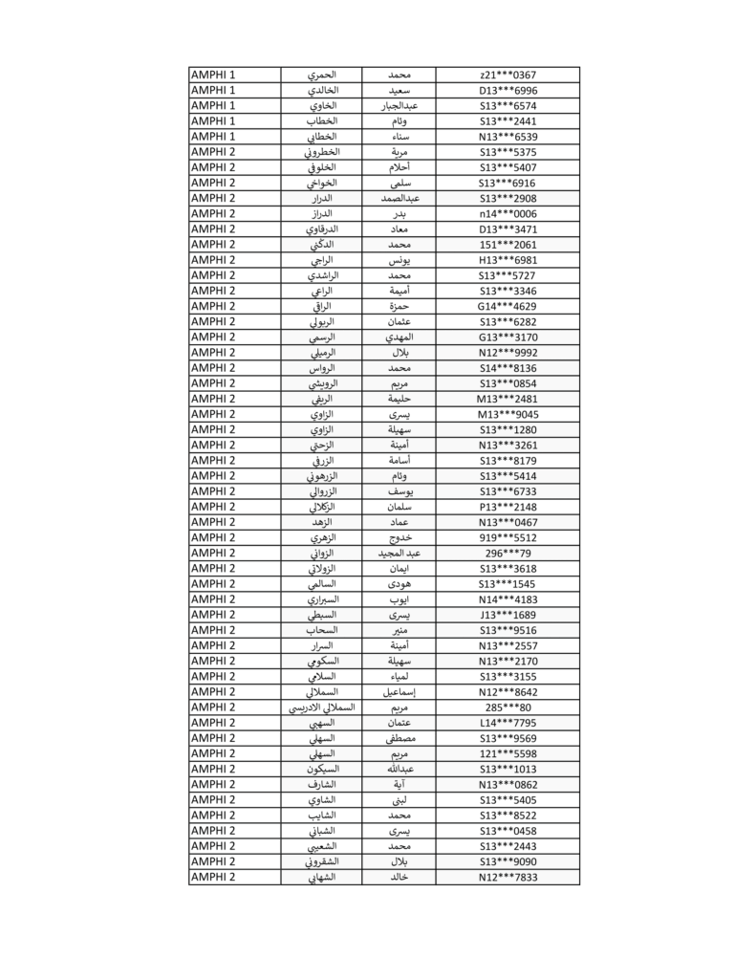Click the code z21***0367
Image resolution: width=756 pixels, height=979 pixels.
pyautogui.click(x=508, y=75)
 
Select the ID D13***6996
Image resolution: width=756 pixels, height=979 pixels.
pyautogui.click(x=508, y=90)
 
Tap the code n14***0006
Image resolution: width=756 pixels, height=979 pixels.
pyautogui.click(x=508, y=213)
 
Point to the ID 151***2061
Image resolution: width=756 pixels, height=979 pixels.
pyautogui.click(x=508, y=244)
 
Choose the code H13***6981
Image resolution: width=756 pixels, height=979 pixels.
pyautogui.click(x=508, y=260)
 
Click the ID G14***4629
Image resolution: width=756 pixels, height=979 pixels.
pyautogui.click(x=508, y=306)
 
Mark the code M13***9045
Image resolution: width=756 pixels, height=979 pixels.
pyautogui.click(x=508, y=414)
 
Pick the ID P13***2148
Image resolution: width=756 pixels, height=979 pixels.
pyautogui.click(x=508, y=507)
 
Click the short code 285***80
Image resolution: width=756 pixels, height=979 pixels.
pyautogui.click(x=508, y=707)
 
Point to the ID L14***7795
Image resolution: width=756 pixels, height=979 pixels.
pyautogui.click(x=508, y=723)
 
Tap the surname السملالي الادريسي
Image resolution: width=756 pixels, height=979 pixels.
pyautogui.click(x=321, y=707)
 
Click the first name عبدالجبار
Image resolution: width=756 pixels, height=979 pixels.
pyautogui.click(x=399, y=105)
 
